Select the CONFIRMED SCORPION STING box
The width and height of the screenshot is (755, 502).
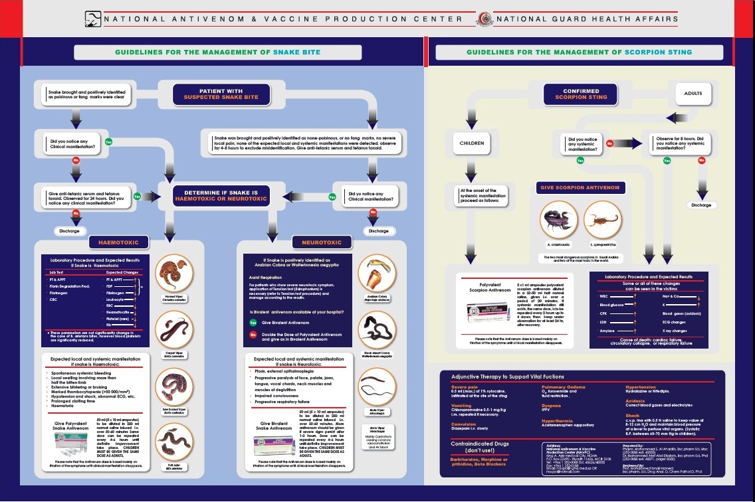click(581, 94)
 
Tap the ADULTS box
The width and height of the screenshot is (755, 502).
click(693, 94)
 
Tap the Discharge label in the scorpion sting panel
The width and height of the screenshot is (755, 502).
click(701, 205)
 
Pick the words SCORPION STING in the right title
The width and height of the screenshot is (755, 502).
click(657, 52)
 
